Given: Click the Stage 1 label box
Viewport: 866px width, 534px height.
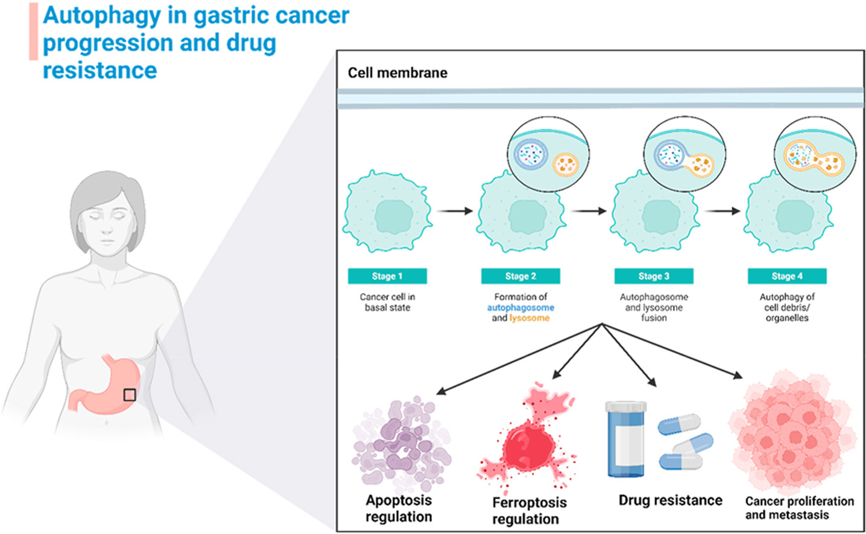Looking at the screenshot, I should [387, 276].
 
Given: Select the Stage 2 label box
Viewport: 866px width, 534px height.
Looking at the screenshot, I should [520, 276].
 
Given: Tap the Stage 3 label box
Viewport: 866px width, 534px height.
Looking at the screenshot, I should [654, 276].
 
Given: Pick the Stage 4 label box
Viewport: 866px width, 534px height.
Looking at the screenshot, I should [787, 276].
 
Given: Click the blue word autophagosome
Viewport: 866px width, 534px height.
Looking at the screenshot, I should [520, 307].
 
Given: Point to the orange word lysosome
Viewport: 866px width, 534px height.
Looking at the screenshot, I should [529, 318].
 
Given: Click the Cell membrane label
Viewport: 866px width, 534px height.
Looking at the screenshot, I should [397, 73].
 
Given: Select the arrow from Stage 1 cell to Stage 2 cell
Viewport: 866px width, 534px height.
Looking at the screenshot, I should [455, 211].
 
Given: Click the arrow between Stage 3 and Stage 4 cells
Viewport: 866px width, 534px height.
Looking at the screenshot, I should [722, 211].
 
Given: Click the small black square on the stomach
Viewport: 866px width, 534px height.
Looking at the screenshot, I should [129, 395].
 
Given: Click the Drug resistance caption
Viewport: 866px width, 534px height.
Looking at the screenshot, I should [670, 500].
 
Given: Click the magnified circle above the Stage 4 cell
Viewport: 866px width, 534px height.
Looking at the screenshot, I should [814, 154].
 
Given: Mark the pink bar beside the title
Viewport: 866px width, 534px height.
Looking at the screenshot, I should [33, 31].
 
